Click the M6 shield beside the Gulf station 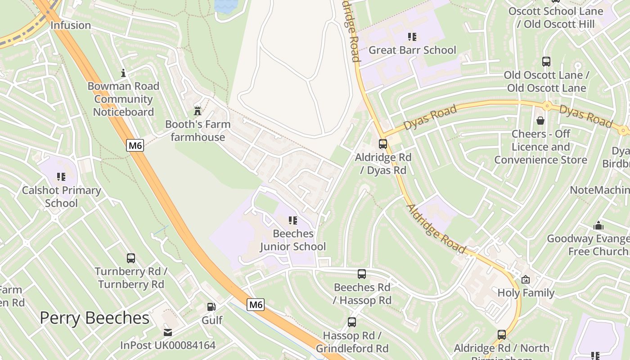(x=256, y=305)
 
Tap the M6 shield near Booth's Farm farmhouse (x=135, y=145)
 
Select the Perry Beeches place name (x=94, y=318)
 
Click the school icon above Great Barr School (x=412, y=37)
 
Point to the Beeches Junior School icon (x=293, y=220)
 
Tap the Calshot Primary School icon (x=61, y=177)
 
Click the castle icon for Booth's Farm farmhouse (x=197, y=111)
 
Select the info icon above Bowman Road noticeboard (x=123, y=73)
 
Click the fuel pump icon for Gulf (x=211, y=307)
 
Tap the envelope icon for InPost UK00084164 (x=168, y=333)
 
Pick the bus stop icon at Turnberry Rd (x=131, y=258)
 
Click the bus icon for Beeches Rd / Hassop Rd (x=362, y=274)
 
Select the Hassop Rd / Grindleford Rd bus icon (x=352, y=322)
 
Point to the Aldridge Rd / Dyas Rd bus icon (x=383, y=144)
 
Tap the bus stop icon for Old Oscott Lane (x=546, y=62)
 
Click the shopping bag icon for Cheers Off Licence (x=540, y=121)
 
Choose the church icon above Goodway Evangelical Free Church (x=598, y=225)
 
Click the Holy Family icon (x=526, y=280)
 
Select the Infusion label (x=71, y=25)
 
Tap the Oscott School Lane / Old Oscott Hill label (x=556, y=18)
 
